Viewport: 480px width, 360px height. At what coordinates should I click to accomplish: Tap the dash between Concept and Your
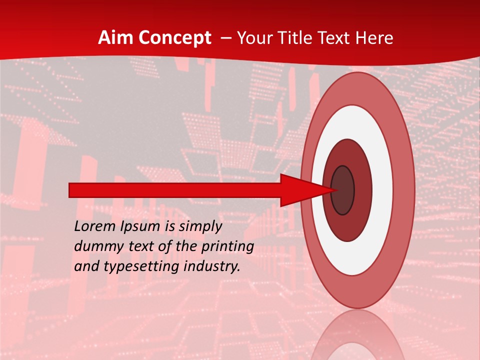[225, 38]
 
